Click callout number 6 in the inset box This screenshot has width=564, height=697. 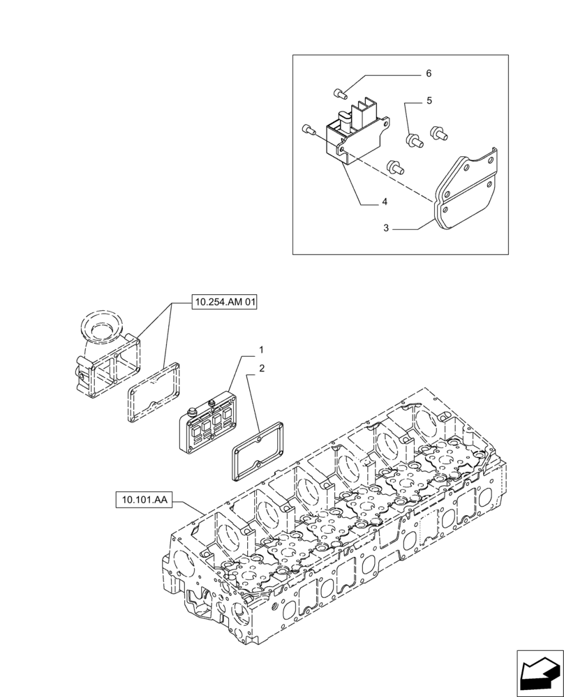[x=429, y=73]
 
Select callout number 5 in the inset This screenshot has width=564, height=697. [x=429, y=100]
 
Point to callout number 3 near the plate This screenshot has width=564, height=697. [x=385, y=228]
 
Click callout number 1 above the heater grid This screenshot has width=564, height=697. [x=261, y=348]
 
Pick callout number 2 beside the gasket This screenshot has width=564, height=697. [x=261, y=368]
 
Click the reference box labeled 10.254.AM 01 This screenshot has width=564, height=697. [x=225, y=302]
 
